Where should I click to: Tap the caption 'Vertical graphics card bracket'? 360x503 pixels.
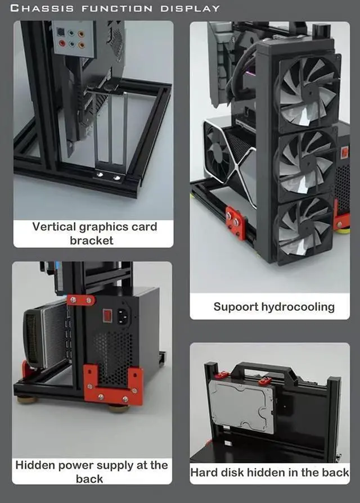(x=94, y=233)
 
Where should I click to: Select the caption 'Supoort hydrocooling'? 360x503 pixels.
(x=273, y=307)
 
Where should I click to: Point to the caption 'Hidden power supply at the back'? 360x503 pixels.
(x=91, y=472)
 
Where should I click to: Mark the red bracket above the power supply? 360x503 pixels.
(x=81, y=300)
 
